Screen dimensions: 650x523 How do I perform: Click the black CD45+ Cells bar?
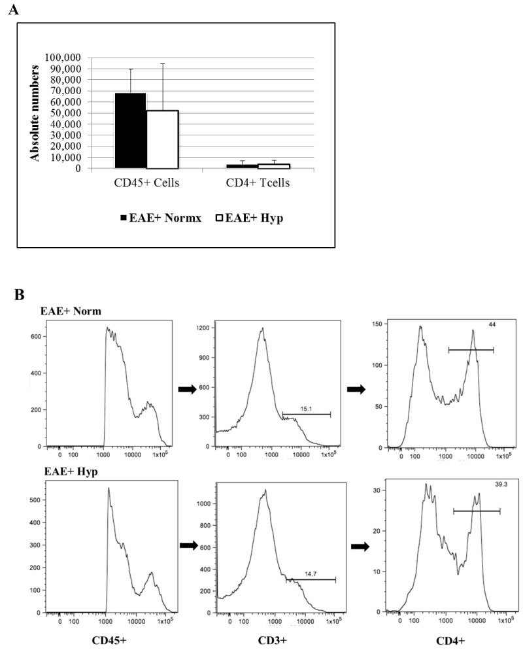(130, 131)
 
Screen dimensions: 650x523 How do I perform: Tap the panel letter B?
(20, 295)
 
